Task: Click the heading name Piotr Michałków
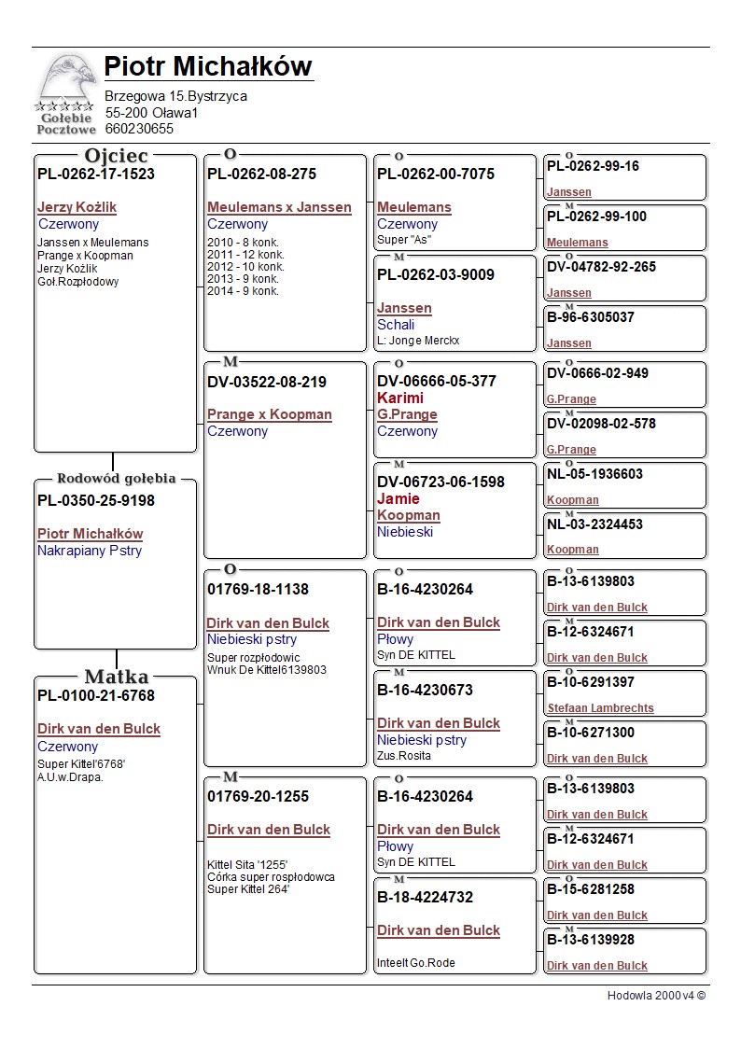207,66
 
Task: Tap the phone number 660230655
139,129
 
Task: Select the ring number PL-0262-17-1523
96,174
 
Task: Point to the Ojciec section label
116,156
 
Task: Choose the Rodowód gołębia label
116,479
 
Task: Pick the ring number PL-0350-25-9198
96,501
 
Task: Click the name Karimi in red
400,398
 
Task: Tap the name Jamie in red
398,498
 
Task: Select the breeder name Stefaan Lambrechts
600,708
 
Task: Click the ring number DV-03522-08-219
267,382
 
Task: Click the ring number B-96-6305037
591,317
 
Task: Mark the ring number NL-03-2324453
594,524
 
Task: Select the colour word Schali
396,325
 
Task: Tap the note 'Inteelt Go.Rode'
416,963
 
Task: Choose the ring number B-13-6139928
591,940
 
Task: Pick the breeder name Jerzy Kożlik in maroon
77,207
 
